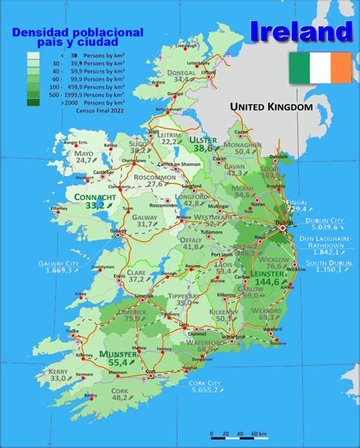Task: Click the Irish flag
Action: tap(320, 68)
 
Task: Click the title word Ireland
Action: tap(301, 31)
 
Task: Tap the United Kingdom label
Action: tap(272, 107)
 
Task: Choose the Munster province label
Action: tap(116, 354)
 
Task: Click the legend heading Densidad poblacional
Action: tap(77, 33)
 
